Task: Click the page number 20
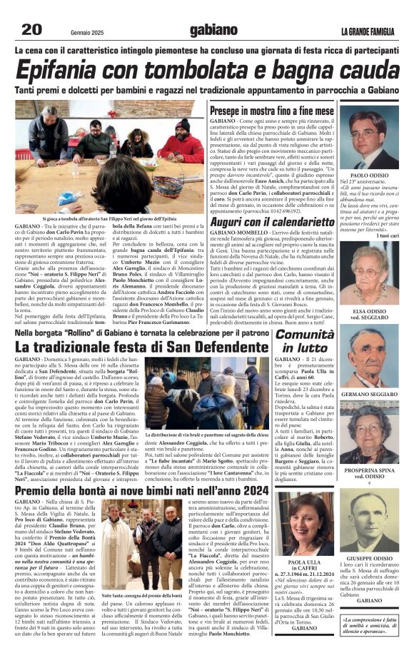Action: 32,29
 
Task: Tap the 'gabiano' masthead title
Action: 213,30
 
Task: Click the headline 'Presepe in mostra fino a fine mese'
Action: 271,111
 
